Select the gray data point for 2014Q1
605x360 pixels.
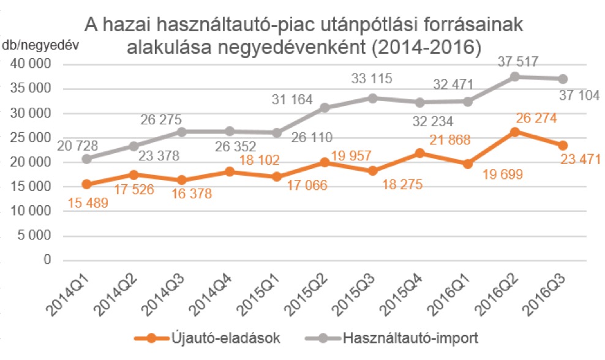[86, 159]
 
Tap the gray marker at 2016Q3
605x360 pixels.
[563, 79]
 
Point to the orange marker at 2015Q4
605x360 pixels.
[420, 153]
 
